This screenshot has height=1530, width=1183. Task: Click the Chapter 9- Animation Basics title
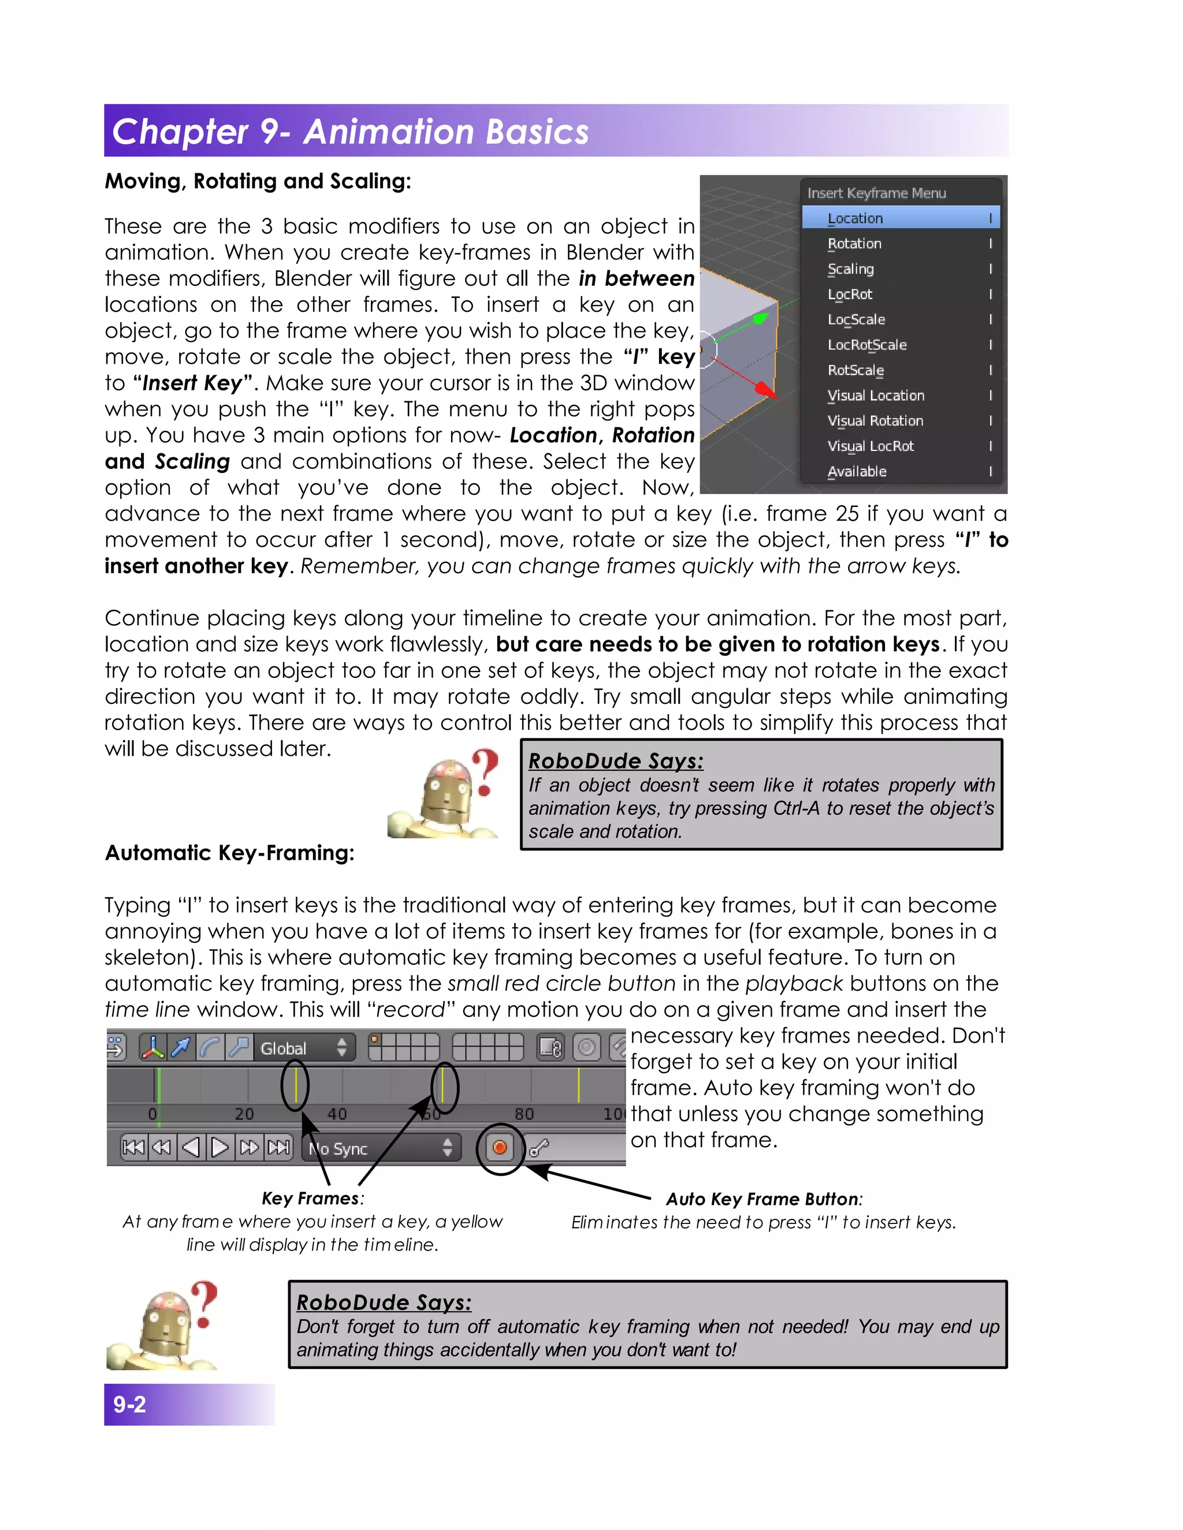click(x=351, y=132)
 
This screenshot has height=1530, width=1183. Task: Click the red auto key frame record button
click(x=500, y=1148)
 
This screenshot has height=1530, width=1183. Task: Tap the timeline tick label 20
click(x=244, y=1114)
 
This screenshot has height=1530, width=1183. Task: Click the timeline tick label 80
click(x=524, y=1114)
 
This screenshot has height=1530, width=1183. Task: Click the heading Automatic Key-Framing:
click(x=229, y=853)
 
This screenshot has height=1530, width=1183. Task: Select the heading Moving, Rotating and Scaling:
click(x=257, y=181)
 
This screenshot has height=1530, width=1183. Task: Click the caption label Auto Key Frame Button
click(x=762, y=1199)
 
